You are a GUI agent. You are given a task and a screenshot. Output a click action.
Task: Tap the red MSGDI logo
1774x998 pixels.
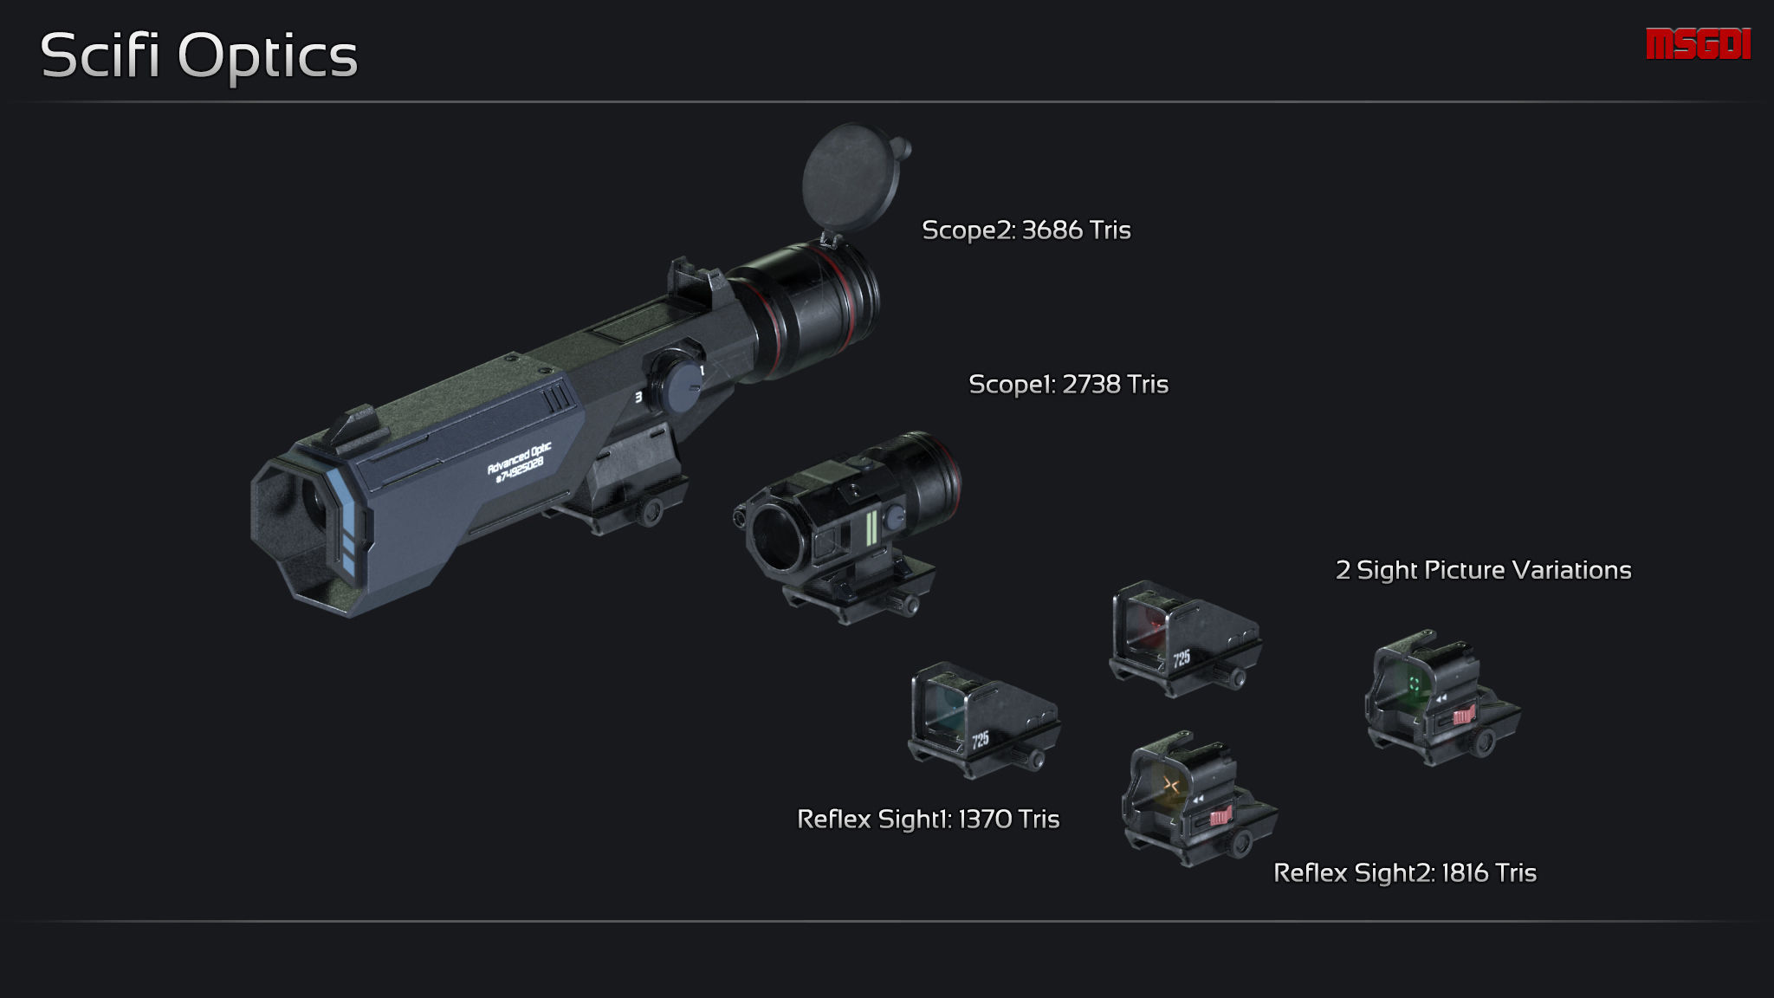[1698, 44]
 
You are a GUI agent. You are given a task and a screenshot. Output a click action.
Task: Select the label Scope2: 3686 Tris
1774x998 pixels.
[1026, 230]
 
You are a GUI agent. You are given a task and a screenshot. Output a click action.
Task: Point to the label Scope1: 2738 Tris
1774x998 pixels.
[1068, 385]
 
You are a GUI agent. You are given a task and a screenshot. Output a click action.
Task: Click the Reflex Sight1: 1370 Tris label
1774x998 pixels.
[928, 820]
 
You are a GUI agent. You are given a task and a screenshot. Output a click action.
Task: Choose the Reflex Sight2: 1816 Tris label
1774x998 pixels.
[1404, 873]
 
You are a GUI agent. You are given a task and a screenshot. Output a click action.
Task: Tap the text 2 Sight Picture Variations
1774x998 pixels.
[1483, 570]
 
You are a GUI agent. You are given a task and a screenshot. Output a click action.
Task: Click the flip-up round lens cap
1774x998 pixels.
[851, 177]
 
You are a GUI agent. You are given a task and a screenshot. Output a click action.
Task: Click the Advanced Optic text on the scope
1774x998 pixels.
[518, 461]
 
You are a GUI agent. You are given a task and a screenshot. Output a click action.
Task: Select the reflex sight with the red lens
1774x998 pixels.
[1182, 639]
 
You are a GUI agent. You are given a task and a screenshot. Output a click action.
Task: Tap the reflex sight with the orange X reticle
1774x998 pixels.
[1197, 801]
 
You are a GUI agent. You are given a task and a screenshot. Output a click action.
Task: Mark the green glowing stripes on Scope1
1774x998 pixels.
[871, 528]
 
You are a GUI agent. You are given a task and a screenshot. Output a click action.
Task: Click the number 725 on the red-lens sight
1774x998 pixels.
[1182, 658]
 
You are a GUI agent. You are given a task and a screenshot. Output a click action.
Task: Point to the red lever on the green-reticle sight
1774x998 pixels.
[1464, 716]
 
